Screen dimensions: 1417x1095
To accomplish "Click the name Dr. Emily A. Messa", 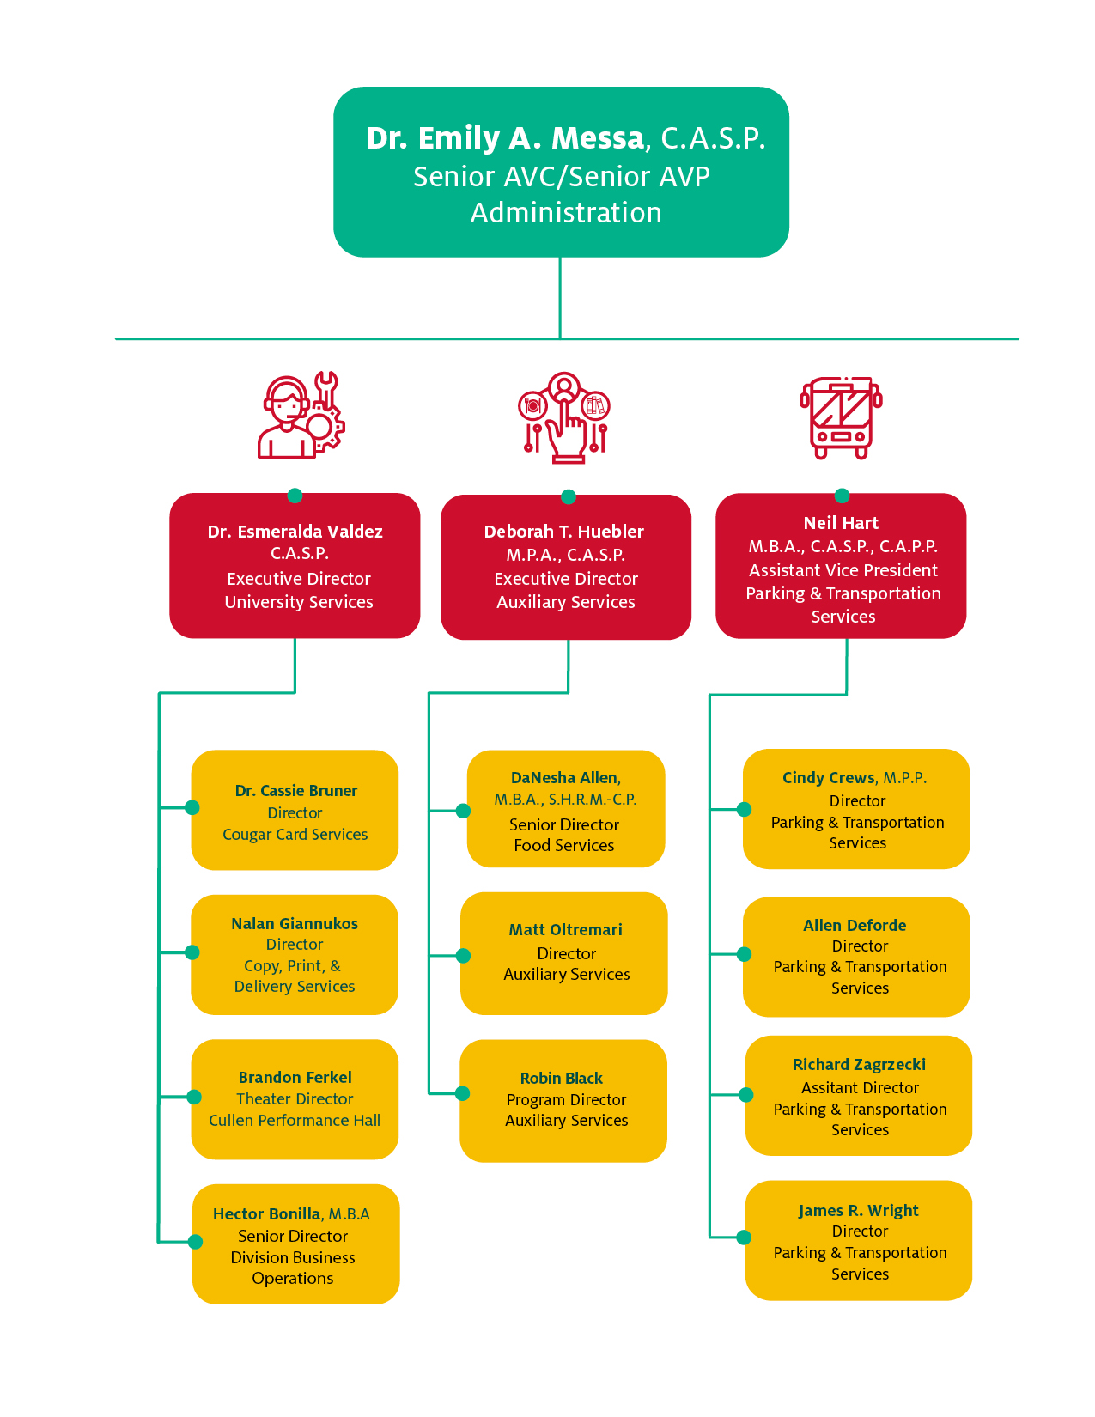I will click(505, 138).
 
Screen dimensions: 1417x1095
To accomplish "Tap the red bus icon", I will click(841, 417).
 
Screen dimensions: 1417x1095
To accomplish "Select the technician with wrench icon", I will click(301, 417).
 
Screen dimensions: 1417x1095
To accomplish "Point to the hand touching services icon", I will click(564, 417).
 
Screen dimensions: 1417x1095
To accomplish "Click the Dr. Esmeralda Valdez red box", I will click(295, 566).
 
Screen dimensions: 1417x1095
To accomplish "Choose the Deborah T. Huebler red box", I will click(566, 567).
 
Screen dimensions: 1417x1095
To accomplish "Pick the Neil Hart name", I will click(841, 523).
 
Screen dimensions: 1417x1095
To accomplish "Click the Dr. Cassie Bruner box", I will click(295, 810).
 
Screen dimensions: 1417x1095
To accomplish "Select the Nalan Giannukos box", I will click(295, 955).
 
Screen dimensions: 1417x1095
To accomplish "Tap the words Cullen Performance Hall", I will click(295, 1121).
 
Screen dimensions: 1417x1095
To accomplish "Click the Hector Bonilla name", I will click(266, 1214).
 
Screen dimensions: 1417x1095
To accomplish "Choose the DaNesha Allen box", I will click(566, 810).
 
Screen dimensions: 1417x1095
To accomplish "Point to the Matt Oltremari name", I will click(565, 930).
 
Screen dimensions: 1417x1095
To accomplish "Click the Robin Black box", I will click(563, 1101).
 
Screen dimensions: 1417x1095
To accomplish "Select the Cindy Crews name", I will click(828, 778).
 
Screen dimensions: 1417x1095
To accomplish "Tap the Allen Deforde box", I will click(856, 957).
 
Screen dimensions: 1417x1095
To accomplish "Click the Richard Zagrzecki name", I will click(859, 1065).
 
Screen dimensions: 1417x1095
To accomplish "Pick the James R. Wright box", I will click(859, 1240).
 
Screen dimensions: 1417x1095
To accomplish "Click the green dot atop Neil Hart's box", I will click(843, 496).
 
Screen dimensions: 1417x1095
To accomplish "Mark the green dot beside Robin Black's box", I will click(463, 1093).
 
